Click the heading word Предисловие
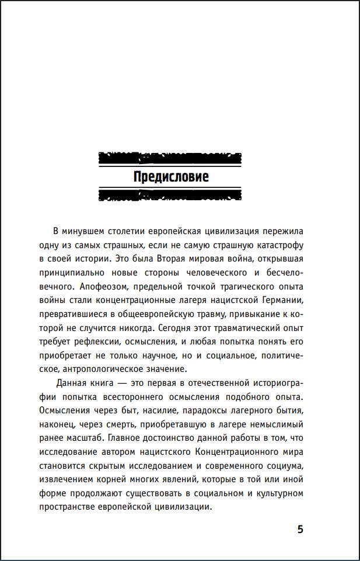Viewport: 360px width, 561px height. (x=171, y=176)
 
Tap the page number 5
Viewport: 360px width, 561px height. (x=300, y=529)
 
